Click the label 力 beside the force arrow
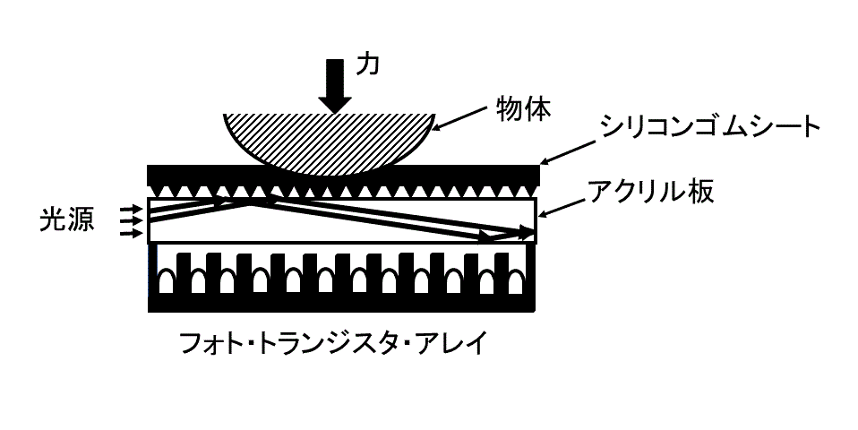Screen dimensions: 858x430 367,65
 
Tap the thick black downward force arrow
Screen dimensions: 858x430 335,85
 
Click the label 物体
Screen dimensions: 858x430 523,109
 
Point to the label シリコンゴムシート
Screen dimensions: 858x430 709,127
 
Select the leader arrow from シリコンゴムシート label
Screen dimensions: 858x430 568,152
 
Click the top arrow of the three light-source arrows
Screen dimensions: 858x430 130,210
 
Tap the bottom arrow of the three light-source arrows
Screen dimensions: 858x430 130,234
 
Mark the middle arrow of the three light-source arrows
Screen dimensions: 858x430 130,221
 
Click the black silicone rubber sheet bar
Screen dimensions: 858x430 344,175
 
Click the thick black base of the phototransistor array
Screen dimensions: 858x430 341,303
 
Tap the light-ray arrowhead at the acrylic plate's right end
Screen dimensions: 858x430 527,233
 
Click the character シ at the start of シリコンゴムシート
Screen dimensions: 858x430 611,128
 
